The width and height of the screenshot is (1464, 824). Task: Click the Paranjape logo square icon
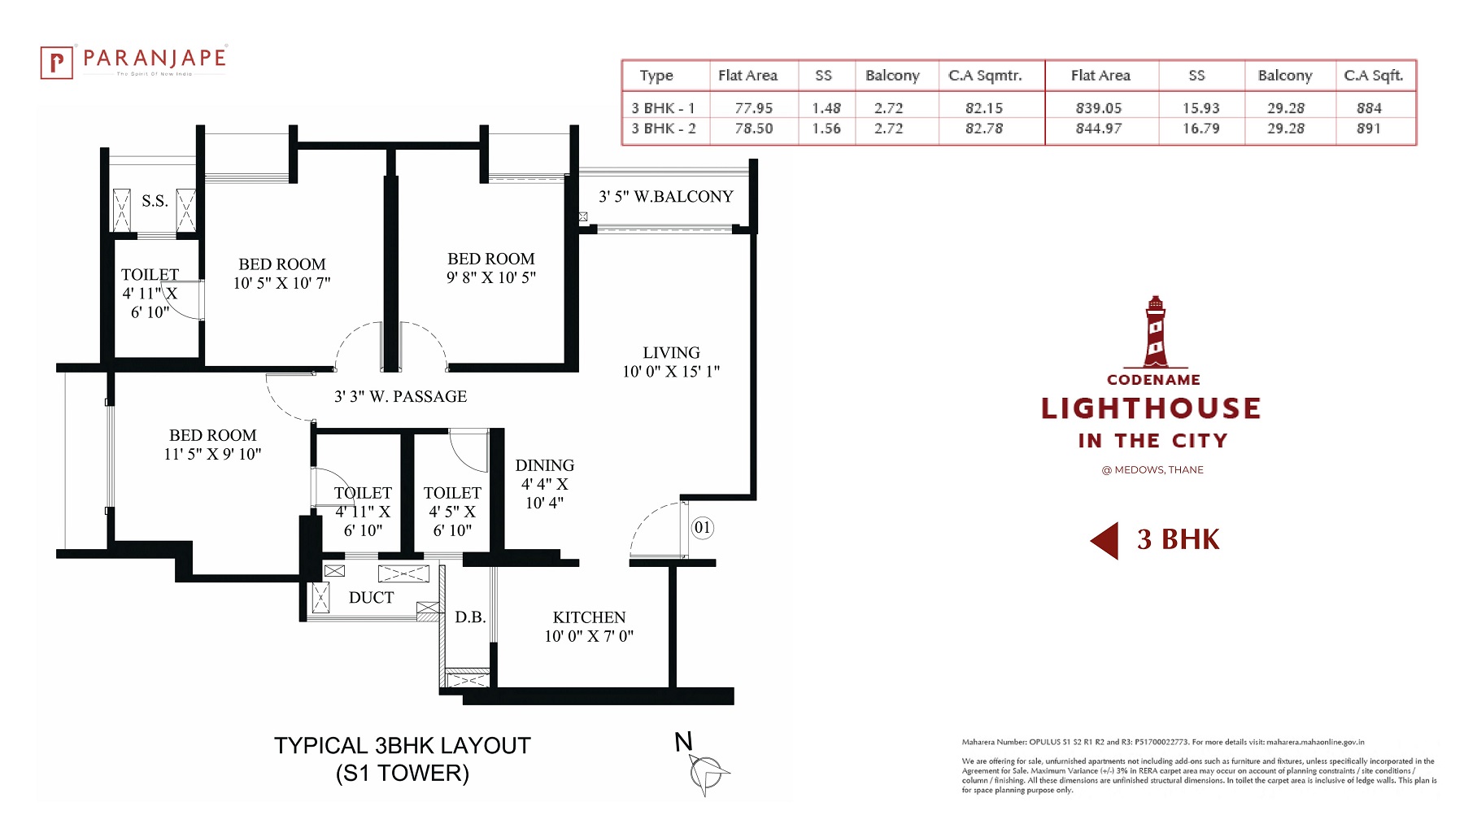click(56, 63)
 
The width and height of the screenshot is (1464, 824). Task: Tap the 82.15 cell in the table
click(984, 108)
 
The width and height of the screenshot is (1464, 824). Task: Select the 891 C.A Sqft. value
click(1369, 129)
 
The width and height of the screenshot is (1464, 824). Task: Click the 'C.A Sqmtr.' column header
click(985, 76)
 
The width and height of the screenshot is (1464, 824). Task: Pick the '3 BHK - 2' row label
click(664, 129)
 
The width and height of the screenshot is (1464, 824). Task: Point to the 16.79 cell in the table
click(1200, 129)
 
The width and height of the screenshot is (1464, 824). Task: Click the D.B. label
click(470, 617)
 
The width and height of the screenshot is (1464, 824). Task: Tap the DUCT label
click(371, 598)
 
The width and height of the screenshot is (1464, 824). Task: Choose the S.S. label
click(155, 201)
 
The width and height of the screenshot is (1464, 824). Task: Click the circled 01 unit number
click(703, 527)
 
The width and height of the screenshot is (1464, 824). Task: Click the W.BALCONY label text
click(683, 197)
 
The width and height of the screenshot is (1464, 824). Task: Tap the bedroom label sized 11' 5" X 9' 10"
click(212, 445)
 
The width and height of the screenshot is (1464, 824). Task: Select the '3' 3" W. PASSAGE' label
click(400, 397)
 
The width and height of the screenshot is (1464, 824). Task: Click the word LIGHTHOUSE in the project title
click(1151, 408)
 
